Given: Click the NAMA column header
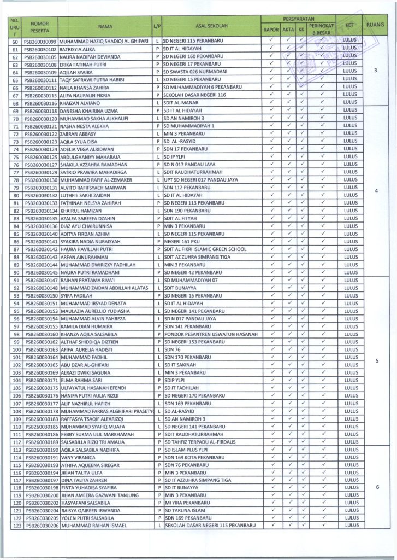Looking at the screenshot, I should click(x=105, y=26).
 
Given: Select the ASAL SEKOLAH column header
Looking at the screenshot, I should click(x=211, y=26).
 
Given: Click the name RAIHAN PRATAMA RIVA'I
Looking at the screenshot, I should click(x=87, y=280).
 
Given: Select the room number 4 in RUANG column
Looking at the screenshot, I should click(x=377, y=191).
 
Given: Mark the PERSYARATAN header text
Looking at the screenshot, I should click(x=298, y=18).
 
